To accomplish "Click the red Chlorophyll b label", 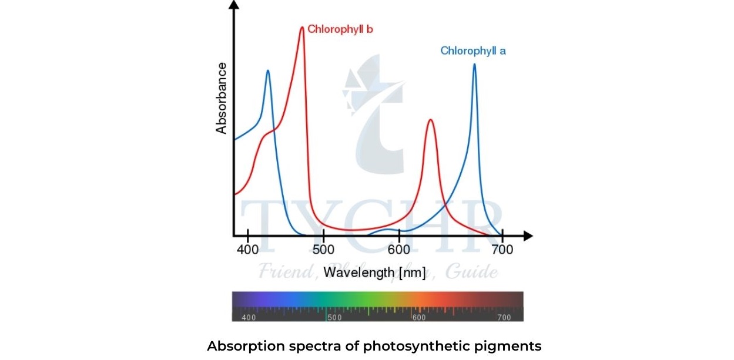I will coord(340,29).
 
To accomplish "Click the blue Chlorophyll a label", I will coord(473,51).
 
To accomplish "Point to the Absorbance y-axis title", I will coord(222,98).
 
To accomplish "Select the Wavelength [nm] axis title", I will coord(374,272).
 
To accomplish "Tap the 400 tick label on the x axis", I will coord(247,250).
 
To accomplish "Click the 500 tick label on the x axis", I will coord(323,250).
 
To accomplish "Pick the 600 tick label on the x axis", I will coord(399,250).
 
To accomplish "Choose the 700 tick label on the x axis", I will coord(502,250).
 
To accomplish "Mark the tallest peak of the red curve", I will coord(302,27).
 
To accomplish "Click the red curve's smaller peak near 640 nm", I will coord(431,120).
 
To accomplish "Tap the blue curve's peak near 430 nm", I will coord(268,71).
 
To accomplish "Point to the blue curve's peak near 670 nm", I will coord(474,65).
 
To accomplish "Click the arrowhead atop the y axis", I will coord(234,5).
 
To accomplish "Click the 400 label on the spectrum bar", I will coord(249,318).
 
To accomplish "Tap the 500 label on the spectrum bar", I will coord(334,318).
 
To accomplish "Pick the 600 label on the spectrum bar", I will coord(418,318).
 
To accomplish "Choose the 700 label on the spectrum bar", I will coord(504,318).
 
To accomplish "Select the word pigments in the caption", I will coord(509,346).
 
